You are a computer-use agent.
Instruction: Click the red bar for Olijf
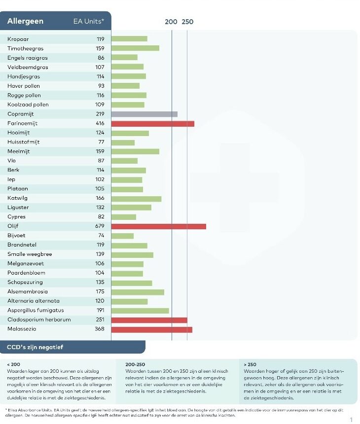click(158, 226)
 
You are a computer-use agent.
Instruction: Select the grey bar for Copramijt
click(144, 114)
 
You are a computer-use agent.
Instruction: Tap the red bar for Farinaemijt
click(152, 123)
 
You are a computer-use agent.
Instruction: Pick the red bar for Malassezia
click(151, 329)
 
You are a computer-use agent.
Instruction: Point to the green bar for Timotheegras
click(135, 48)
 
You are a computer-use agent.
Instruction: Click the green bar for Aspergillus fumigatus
click(140, 311)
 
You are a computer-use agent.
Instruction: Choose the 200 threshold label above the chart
click(171, 22)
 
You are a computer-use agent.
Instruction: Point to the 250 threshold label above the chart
click(187, 22)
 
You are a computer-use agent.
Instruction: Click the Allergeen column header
click(25, 21)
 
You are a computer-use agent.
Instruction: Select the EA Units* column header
click(89, 21)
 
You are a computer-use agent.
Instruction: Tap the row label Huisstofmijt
click(24, 142)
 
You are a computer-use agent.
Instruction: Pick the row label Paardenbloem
click(26, 273)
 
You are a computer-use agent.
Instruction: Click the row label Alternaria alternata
click(34, 301)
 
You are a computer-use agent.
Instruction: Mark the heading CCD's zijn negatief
click(35, 347)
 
